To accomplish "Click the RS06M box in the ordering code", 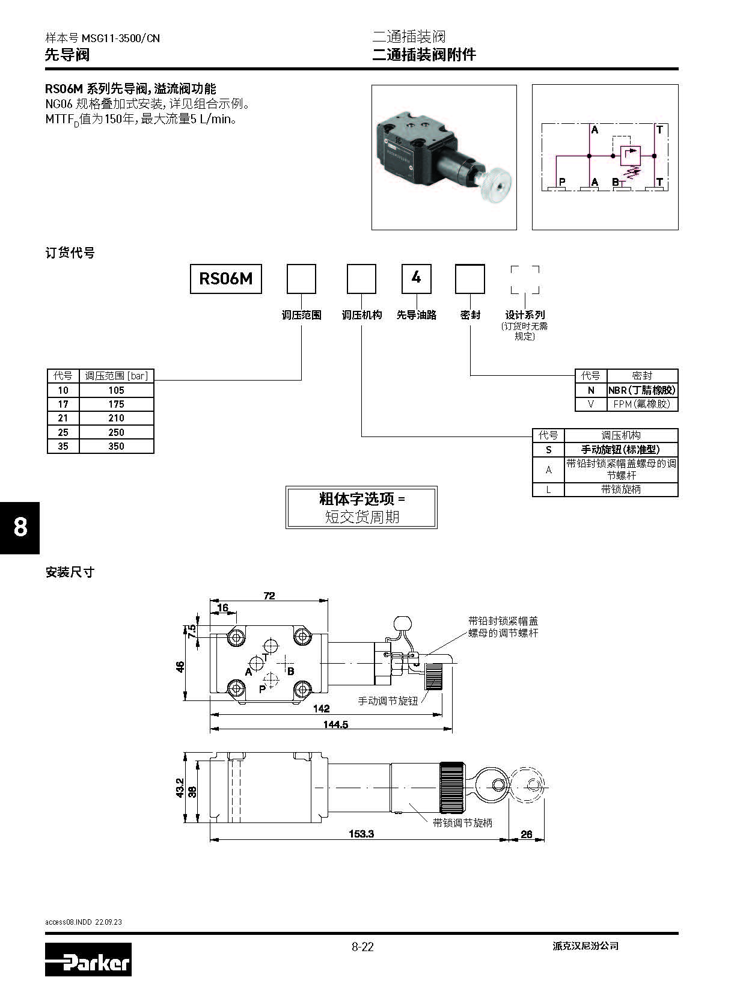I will click(x=226, y=279).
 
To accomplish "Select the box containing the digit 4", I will click(x=416, y=279).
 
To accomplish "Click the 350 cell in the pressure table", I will click(x=116, y=446).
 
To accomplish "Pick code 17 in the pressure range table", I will click(x=63, y=404).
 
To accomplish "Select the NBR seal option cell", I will click(x=642, y=390).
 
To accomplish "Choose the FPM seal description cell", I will click(x=642, y=404).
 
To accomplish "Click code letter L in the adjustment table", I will click(x=548, y=489).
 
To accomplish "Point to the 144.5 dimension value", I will click(x=335, y=724).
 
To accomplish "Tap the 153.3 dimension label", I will click(x=361, y=834).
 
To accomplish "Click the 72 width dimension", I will click(x=269, y=596).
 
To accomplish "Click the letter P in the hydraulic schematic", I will click(x=562, y=182).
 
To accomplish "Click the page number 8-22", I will click(x=362, y=947).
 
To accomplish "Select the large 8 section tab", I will click(x=20, y=527).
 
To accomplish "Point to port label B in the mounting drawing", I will click(x=290, y=671).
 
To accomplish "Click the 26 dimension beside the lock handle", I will click(x=526, y=834).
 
